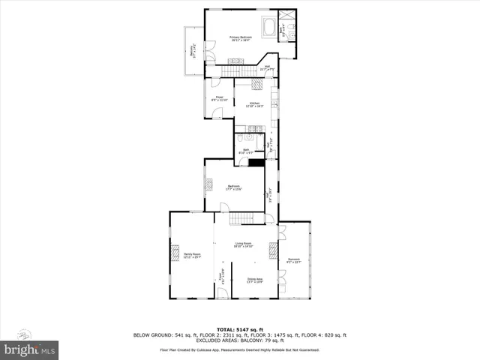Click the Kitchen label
(x=254, y=104)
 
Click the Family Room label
(x=193, y=256)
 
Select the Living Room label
(x=243, y=244)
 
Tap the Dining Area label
(x=255, y=280)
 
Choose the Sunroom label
(x=293, y=260)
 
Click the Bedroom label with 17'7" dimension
(x=233, y=187)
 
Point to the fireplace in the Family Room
(x=175, y=251)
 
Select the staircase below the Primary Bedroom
(x=229, y=70)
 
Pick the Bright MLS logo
(x=30, y=348)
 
